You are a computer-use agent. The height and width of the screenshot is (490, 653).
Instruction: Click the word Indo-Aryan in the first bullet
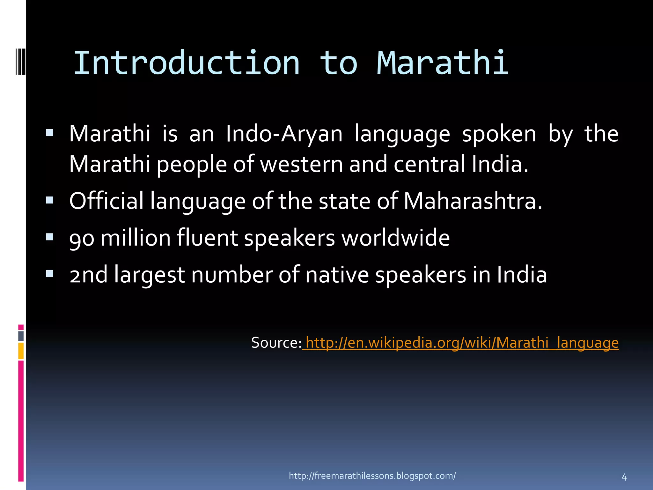(284, 134)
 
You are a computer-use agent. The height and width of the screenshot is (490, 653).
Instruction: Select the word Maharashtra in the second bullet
(473, 201)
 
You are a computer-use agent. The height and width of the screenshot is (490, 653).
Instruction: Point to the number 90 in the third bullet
(82, 238)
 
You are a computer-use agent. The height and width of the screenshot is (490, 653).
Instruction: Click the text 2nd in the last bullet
(88, 275)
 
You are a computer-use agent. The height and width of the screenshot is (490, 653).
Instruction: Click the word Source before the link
(276, 343)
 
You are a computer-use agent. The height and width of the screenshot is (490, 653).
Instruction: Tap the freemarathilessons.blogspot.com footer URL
(372, 476)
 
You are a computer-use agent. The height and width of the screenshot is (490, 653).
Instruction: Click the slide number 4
(624, 478)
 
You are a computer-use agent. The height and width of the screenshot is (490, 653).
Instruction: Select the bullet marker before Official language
(49, 200)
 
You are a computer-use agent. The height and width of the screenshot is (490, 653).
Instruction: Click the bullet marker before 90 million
(49, 237)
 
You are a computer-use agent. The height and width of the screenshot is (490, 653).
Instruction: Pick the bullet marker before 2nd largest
(49, 274)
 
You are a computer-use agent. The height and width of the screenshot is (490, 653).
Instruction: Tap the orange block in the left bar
(21, 351)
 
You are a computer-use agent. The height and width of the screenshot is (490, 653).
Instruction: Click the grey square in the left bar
(21, 336)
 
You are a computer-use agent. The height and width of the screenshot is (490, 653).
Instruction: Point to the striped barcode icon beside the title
(20, 60)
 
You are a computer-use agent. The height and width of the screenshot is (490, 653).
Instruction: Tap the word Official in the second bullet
(106, 201)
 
